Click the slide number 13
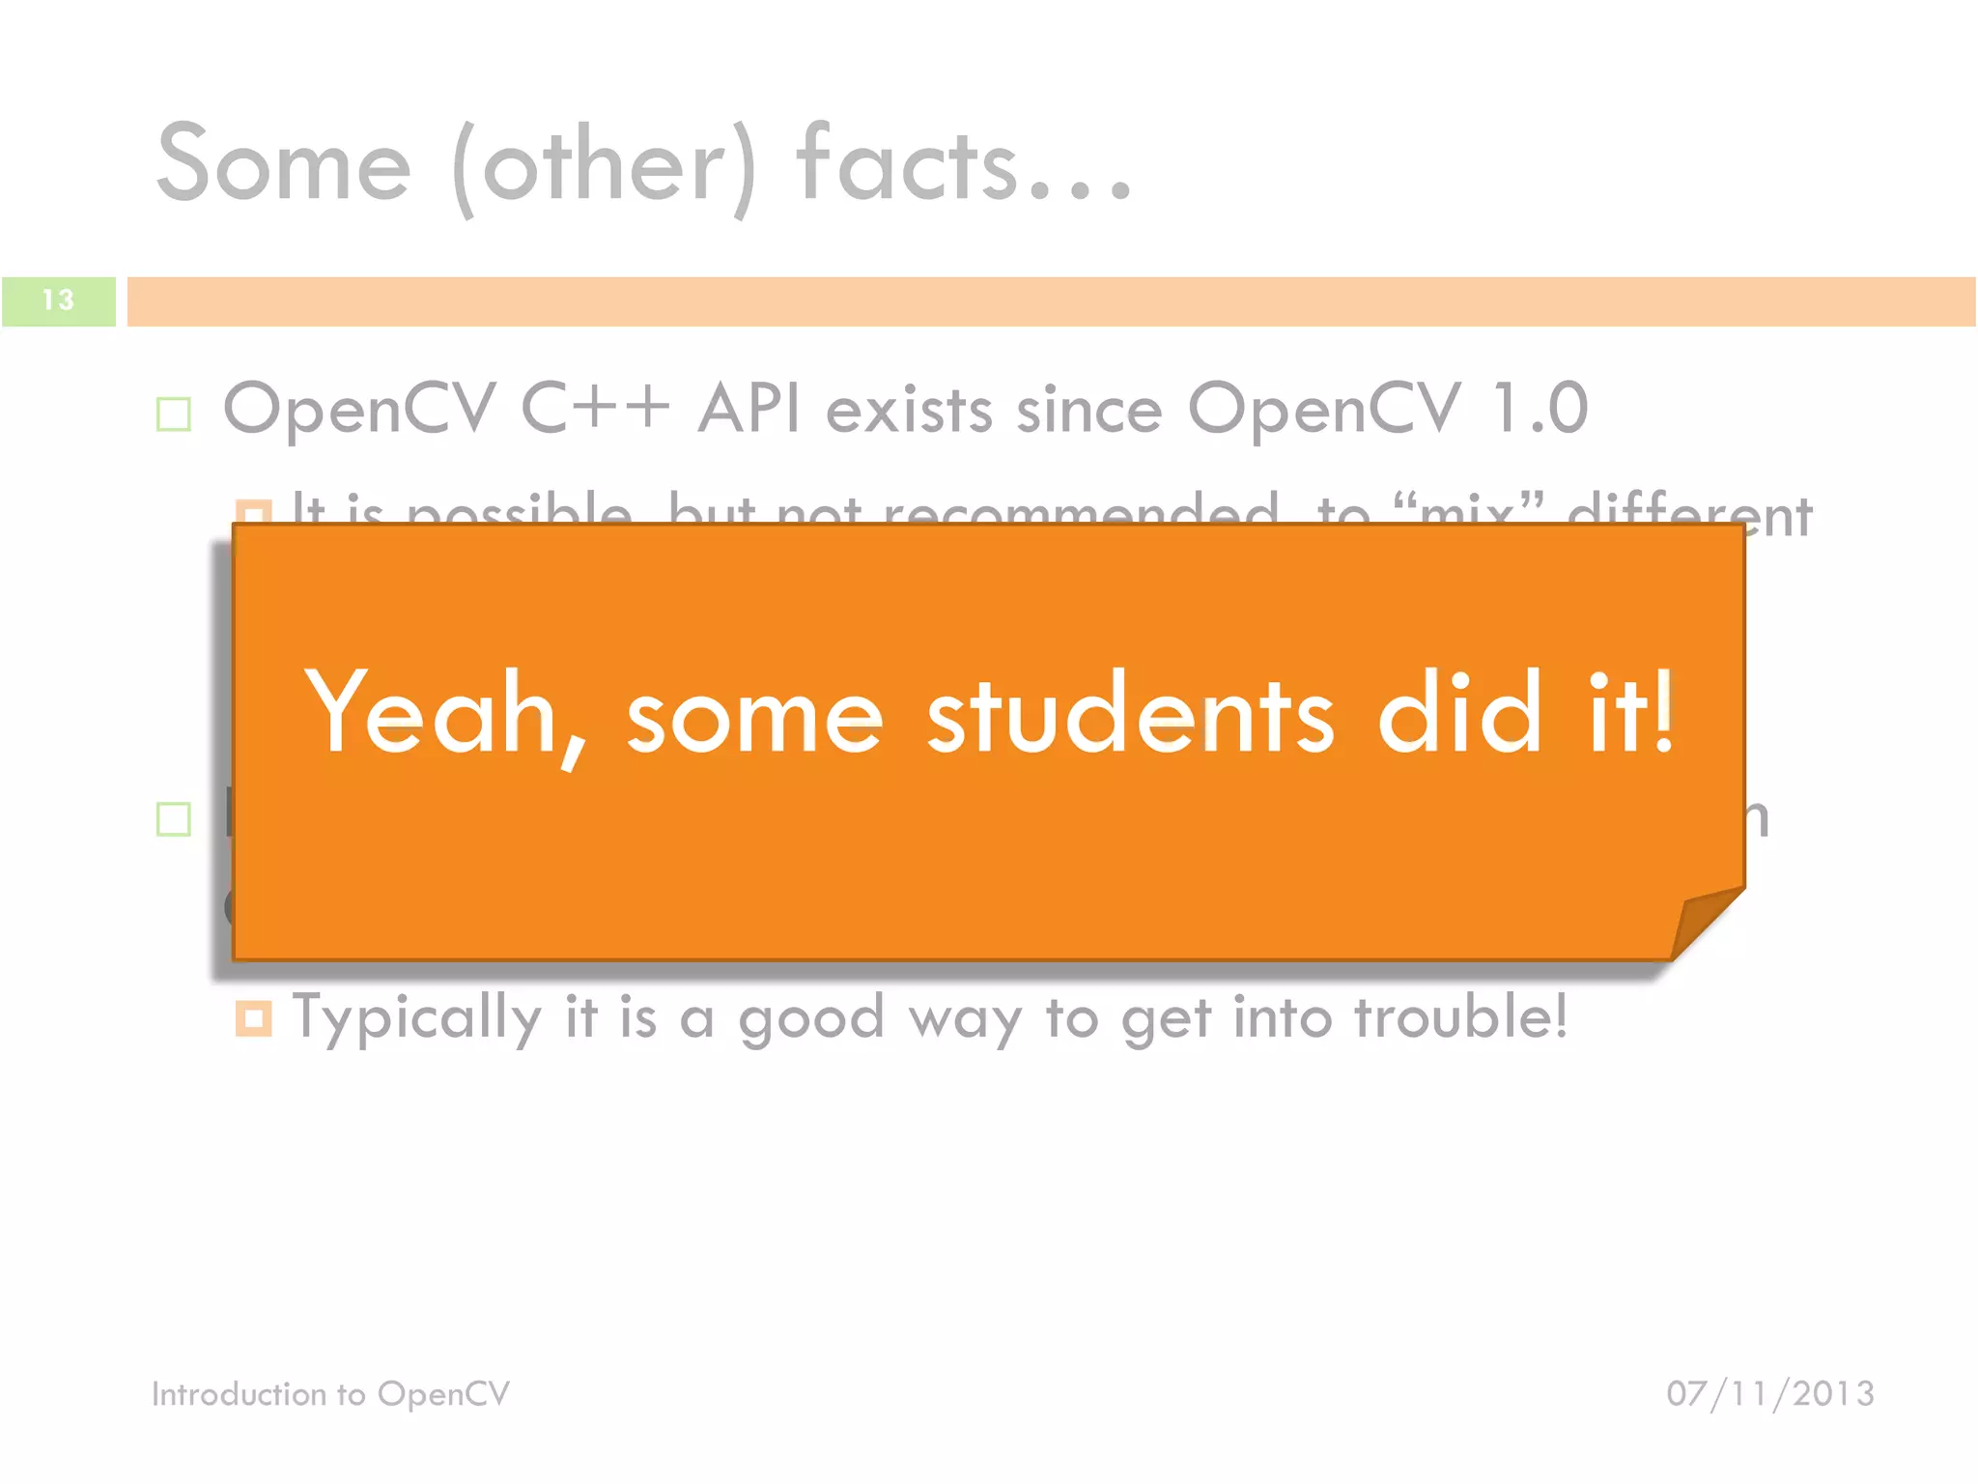tap(58, 300)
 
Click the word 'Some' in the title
tap(284, 164)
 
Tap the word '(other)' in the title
tap(605, 166)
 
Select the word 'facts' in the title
tap(907, 164)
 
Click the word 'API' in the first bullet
tap(749, 408)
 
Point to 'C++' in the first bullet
tap(595, 408)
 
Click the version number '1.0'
tap(1540, 408)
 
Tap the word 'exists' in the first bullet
tap(909, 410)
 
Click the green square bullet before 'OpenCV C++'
tap(174, 414)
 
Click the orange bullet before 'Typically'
tap(253, 1018)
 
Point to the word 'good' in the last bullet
tap(811, 1020)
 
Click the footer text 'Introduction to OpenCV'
tap(330, 1394)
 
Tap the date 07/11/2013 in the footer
tap(1769, 1394)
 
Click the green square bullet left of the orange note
tap(174, 819)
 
